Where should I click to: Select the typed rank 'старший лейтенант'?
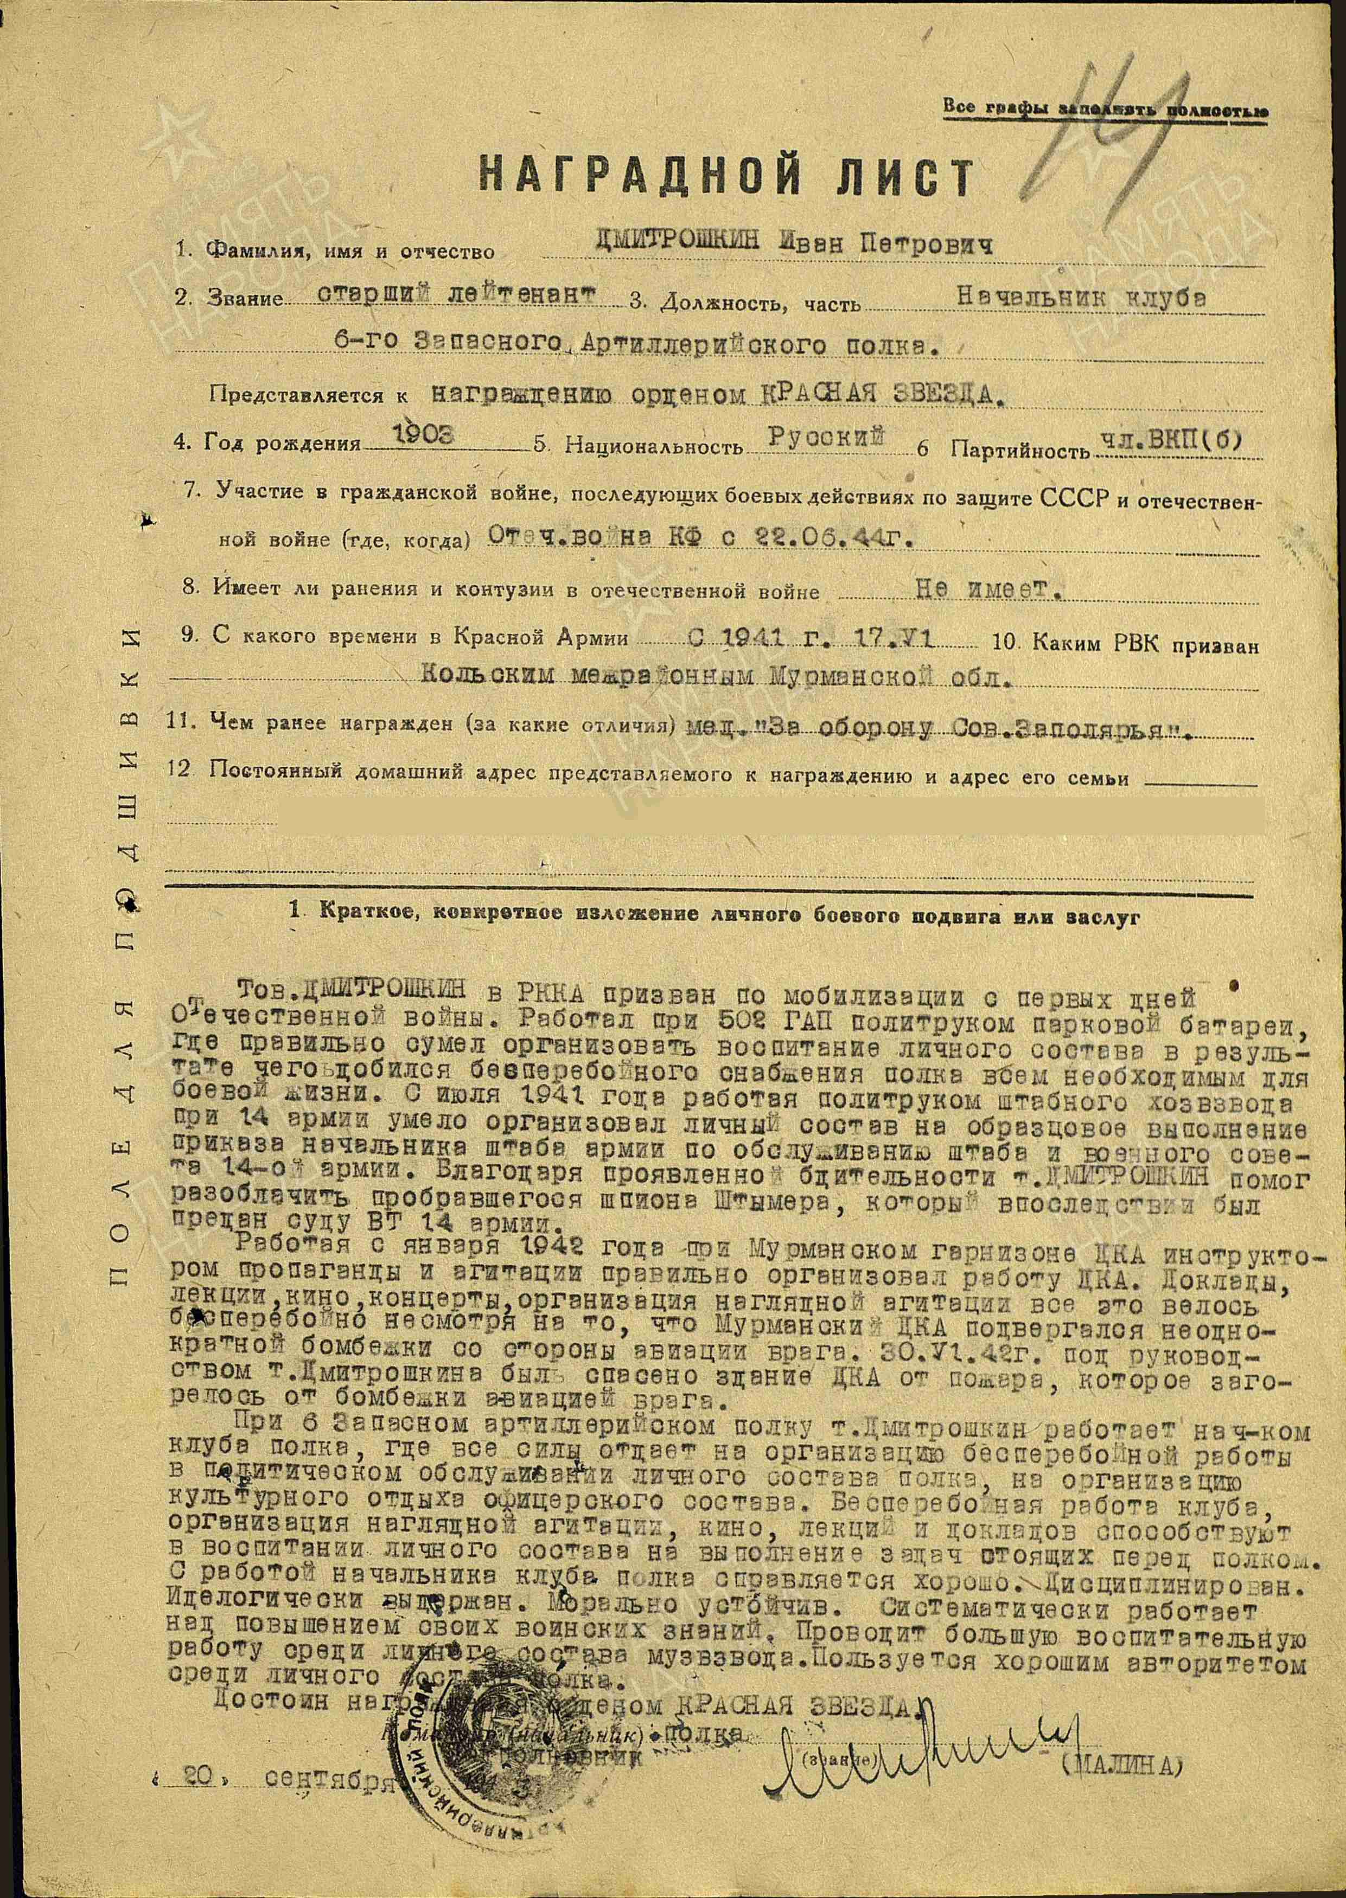tap(457, 295)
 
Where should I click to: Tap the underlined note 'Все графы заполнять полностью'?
tap(1106, 108)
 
